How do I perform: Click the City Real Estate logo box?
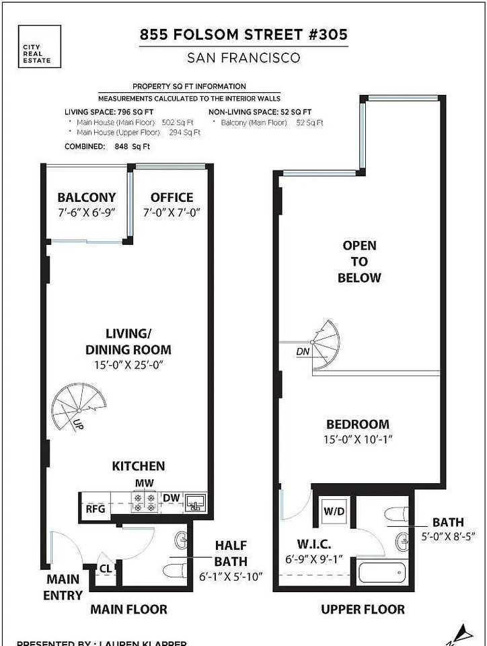click(x=40, y=46)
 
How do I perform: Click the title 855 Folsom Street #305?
click(x=243, y=34)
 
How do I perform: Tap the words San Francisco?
click(x=243, y=59)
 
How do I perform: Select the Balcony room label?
click(x=86, y=198)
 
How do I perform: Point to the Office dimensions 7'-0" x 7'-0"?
click(x=172, y=212)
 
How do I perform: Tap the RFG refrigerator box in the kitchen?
click(x=95, y=509)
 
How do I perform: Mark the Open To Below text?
click(x=359, y=262)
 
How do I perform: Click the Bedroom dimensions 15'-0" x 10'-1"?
click(x=358, y=439)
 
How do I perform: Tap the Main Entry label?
click(x=63, y=587)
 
